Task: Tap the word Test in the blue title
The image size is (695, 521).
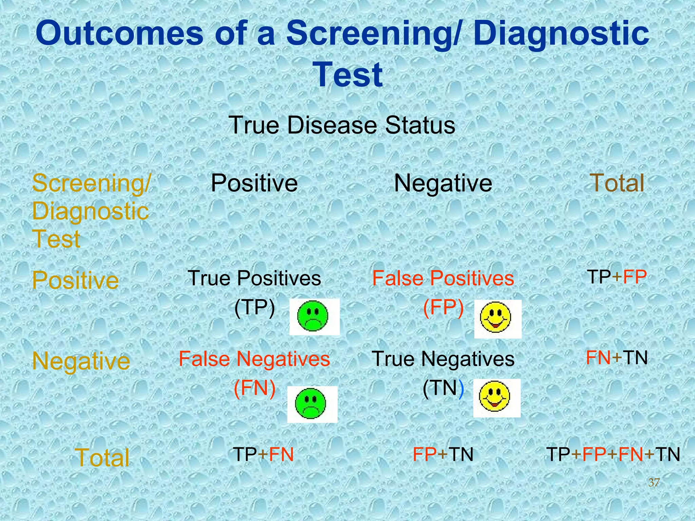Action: click(x=349, y=75)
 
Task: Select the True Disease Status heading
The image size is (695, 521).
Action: click(x=342, y=125)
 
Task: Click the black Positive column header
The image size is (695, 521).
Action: click(x=254, y=184)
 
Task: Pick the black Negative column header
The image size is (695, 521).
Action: click(x=443, y=184)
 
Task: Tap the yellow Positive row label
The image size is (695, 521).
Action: click(x=75, y=281)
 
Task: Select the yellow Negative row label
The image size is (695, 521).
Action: click(x=81, y=361)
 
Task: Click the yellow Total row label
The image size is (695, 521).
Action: click(x=102, y=458)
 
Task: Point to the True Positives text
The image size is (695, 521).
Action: click(x=254, y=278)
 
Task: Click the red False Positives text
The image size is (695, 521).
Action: click(x=443, y=278)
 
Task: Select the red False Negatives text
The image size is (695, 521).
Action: click(x=254, y=359)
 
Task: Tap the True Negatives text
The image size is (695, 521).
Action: click(x=443, y=359)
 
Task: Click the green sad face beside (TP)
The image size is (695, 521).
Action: click(x=313, y=316)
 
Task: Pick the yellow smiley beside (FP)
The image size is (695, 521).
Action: click(x=495, y=318)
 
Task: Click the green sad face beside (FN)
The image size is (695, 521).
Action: click(x=311, y=404)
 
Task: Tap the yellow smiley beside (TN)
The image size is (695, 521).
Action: click(x=494, y=397)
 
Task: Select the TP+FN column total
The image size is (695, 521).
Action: click(x=263, y=455)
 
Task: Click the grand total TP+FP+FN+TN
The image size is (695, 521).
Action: click(x=613, y=455)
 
